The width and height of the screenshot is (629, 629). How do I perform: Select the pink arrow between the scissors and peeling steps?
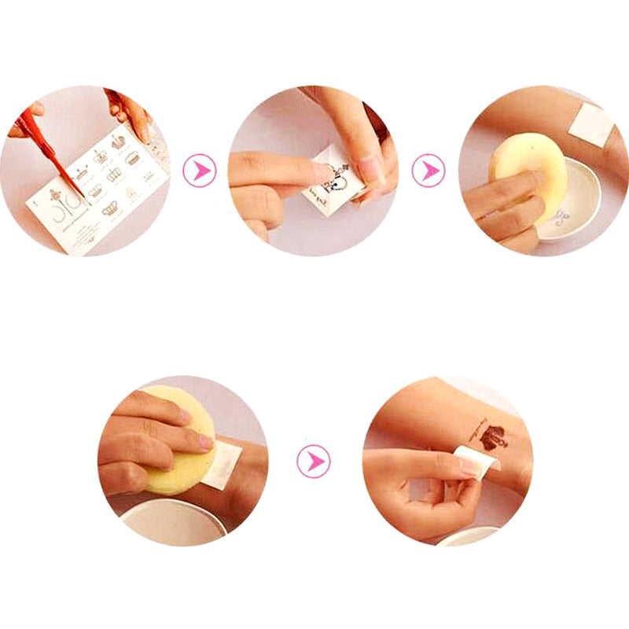pos(199,170)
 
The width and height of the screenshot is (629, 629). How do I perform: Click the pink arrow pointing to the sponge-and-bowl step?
pos(428,170)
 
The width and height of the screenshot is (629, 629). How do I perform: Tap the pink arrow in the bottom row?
pos(314,461)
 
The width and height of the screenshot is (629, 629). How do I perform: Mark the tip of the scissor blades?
pos(83,196)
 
